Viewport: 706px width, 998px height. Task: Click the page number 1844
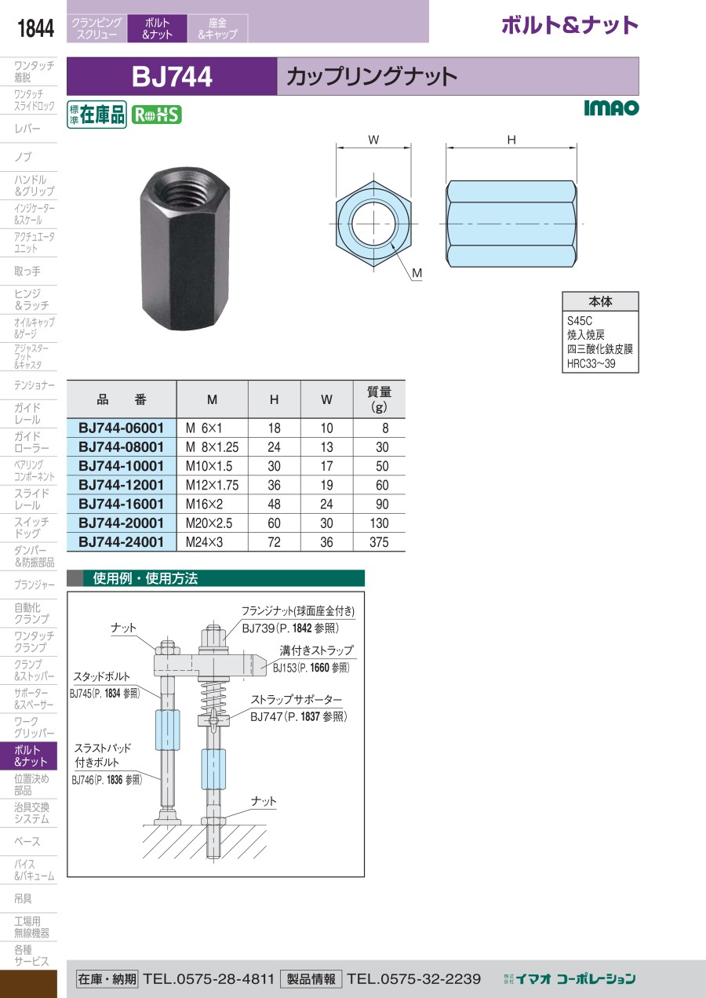35,28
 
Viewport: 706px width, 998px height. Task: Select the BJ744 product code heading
172,76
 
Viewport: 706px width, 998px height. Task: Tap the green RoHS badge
157,115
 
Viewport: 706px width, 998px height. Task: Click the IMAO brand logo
611,107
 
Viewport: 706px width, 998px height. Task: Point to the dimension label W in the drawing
373,140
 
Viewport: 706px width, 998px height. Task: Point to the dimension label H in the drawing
511,140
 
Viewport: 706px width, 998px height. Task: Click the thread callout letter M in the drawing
417,273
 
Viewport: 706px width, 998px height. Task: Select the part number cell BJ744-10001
121,466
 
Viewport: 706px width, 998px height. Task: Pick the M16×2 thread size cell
204,504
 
